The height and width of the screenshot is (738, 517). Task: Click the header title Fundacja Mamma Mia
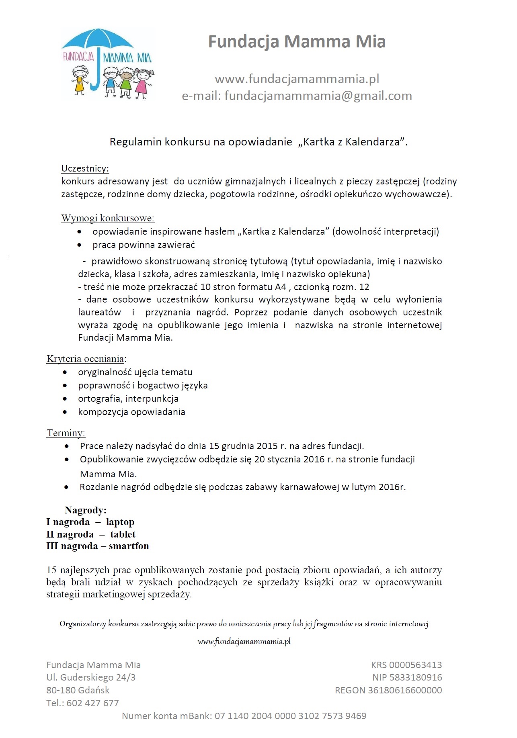297,42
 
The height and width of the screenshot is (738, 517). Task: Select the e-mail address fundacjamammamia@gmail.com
318,96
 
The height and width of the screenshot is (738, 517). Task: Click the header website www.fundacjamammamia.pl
297,79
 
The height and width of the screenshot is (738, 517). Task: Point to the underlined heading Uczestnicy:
85,168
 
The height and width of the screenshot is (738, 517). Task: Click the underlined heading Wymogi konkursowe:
107,218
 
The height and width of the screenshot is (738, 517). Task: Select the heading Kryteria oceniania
86,358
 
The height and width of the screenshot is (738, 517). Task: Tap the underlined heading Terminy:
66,433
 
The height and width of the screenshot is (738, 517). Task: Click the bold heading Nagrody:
85,510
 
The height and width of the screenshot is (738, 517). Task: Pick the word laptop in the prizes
120,522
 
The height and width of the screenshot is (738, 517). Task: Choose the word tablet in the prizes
123,534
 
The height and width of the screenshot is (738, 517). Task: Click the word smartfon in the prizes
129,546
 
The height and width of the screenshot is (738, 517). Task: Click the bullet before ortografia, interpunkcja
65,399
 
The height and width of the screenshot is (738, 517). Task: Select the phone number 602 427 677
92,703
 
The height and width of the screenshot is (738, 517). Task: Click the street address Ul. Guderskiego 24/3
91,677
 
